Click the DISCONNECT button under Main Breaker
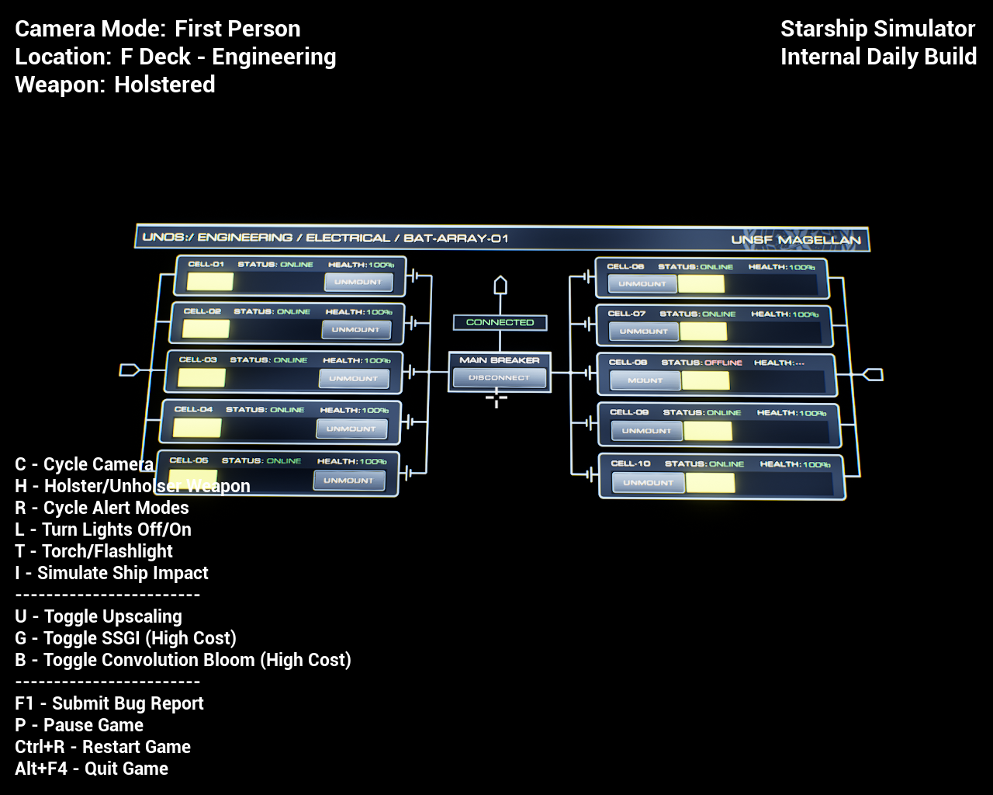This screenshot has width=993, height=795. pos(499,378)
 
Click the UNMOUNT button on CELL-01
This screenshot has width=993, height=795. pos(358,282)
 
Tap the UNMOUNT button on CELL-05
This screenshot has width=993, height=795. pos(348,481)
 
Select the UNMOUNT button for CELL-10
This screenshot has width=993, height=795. pos(648,483)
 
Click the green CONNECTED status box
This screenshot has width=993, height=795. pos(500,322)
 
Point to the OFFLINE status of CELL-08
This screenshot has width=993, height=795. pos(723,363)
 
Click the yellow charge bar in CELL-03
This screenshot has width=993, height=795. pos(202,378)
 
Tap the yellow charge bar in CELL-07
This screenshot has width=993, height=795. pos(703,332)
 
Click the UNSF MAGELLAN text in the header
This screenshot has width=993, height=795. pos(796,240)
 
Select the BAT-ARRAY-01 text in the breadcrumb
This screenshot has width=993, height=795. pos(456,238)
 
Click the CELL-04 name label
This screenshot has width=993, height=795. pos(193,409)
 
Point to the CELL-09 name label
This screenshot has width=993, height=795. pos(629,412)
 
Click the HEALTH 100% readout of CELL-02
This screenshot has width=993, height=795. pos(359,312)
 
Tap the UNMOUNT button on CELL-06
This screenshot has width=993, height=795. pos(642,284)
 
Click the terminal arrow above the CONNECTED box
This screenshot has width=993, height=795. pos(500,286)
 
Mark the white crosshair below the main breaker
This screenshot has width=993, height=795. pos(496,399)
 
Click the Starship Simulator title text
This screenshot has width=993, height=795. pos(877,29)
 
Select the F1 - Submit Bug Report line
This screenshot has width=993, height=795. pos(109,703)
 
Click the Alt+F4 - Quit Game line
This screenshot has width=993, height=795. pos(92,769)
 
